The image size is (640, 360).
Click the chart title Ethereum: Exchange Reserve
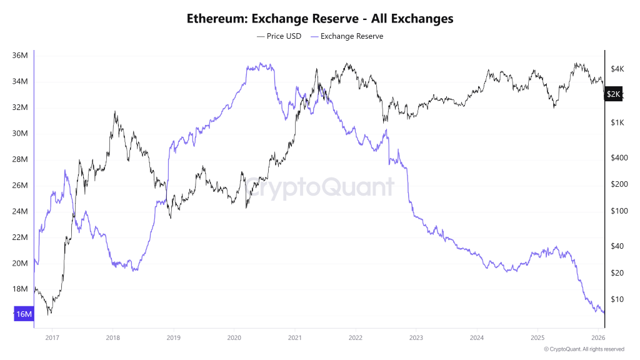coord(320,19)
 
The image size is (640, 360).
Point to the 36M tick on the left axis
coord(20,56)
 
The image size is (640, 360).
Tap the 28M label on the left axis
coord(20,159)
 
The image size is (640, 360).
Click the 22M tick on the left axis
coord(20,237)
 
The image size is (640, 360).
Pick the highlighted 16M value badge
coord(23,314)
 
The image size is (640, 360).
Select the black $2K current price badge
coord(614,94)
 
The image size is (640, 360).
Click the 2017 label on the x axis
coord(52,337)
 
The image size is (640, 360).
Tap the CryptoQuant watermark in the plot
coord(319,187)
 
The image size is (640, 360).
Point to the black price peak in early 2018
coord(114,112)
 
